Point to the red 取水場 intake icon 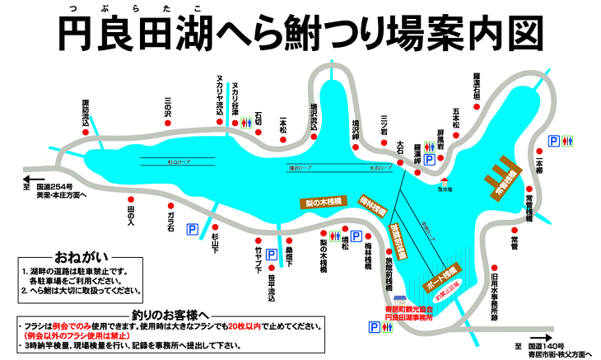[445, 181]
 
